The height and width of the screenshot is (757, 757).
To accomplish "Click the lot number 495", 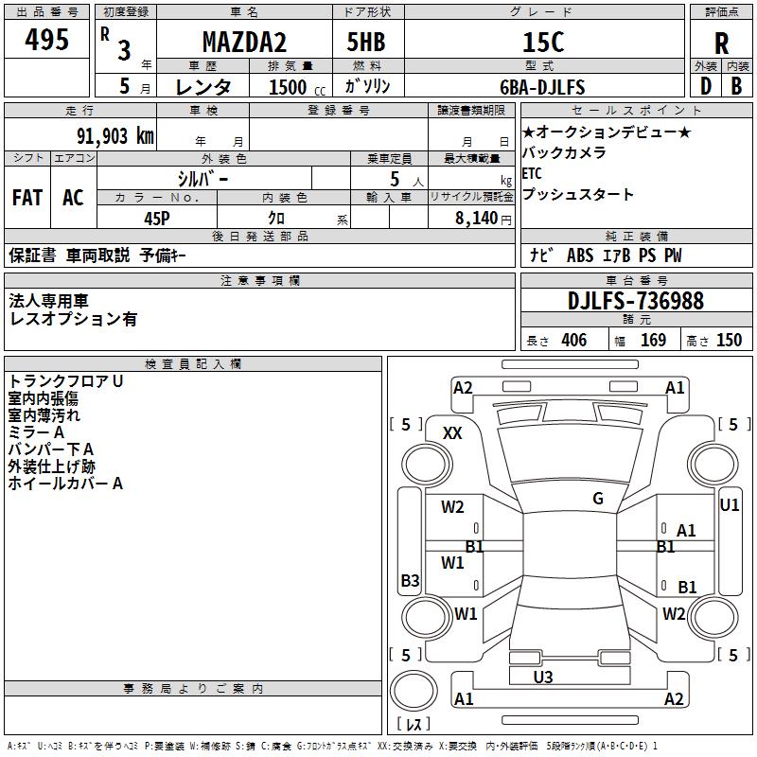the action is click(x=46, y=39).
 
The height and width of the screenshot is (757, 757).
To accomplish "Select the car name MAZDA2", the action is click(x=244, y=42).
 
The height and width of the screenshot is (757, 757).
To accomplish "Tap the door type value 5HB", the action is click(x=366, y=42).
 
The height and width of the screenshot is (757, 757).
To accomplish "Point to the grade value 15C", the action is click(x=543, y=42).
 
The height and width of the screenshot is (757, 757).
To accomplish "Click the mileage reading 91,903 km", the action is click(x=115, y=136).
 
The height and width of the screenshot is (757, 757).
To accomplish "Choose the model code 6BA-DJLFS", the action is click(x=542, y=87).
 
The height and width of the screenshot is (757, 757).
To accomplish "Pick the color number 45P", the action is click(x=157, y=219).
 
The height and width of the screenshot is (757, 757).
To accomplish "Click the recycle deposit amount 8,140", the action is click(x=477, y=219).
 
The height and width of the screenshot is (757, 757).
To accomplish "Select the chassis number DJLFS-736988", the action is click(x=636, y=301).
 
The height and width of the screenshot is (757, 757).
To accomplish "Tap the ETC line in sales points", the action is click(x=532, y=173).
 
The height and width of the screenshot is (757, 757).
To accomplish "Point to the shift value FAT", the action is click(x=27, y=198).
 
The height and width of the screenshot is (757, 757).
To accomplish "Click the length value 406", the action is click(x=574, y=340).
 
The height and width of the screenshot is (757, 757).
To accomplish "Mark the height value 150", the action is click(x=729, y=340).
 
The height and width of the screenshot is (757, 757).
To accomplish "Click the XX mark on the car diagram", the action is click(x=452, y=433).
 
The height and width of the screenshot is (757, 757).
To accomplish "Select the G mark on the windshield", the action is click(x=598, y=499).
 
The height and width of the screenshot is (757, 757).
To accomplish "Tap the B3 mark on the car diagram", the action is click(x=410, y=580).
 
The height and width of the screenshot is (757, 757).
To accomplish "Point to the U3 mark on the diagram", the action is click(x=543, y=677).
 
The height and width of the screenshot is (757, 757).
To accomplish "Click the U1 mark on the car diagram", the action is click(x=729, y=505).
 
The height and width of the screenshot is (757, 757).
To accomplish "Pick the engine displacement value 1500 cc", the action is click(x=297, y=87).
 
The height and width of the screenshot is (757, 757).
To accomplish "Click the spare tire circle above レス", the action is click(x=414, y=690).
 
